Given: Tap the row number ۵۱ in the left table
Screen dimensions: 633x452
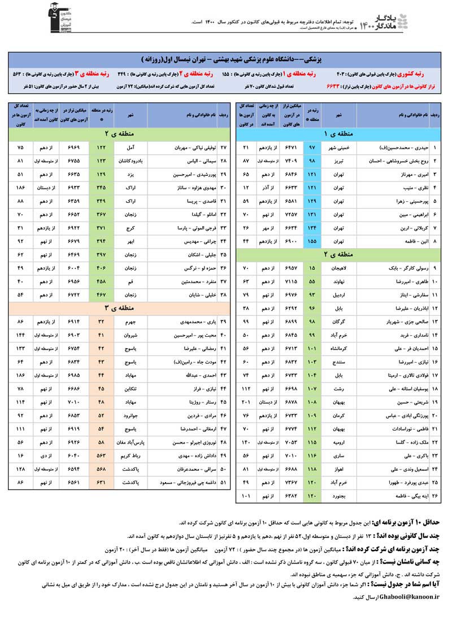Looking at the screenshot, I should tap(223, 483).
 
